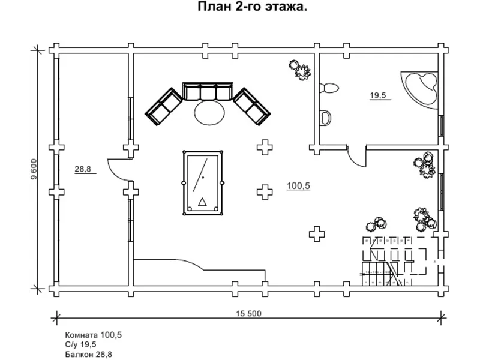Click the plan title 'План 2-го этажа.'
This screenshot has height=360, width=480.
coord(252,7)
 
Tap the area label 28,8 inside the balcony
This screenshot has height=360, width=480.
coord(83,169)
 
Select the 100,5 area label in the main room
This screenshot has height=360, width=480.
coord(298,186)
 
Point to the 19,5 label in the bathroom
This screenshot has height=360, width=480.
coord(378,95)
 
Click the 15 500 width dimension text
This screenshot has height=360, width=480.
coord(248,313)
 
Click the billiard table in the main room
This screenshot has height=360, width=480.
coord(203,183)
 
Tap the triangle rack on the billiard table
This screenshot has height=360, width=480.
coord(202,202)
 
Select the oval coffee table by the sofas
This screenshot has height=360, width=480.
coord(209,112)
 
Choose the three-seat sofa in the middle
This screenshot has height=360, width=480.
coord(208,91)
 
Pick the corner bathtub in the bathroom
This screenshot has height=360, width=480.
coord(420,89)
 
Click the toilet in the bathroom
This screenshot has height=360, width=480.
coord(329,88)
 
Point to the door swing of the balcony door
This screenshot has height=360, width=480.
coord(119,170)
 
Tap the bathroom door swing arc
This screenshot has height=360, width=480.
coord(356,157)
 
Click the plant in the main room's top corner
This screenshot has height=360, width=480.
coord(300,70)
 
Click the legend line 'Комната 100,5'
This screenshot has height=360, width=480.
coord(94,335)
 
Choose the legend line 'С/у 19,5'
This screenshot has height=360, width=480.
coord(80,344)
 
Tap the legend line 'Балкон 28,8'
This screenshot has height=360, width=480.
coord(88,355)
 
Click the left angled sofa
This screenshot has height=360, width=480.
coord(164,107)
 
